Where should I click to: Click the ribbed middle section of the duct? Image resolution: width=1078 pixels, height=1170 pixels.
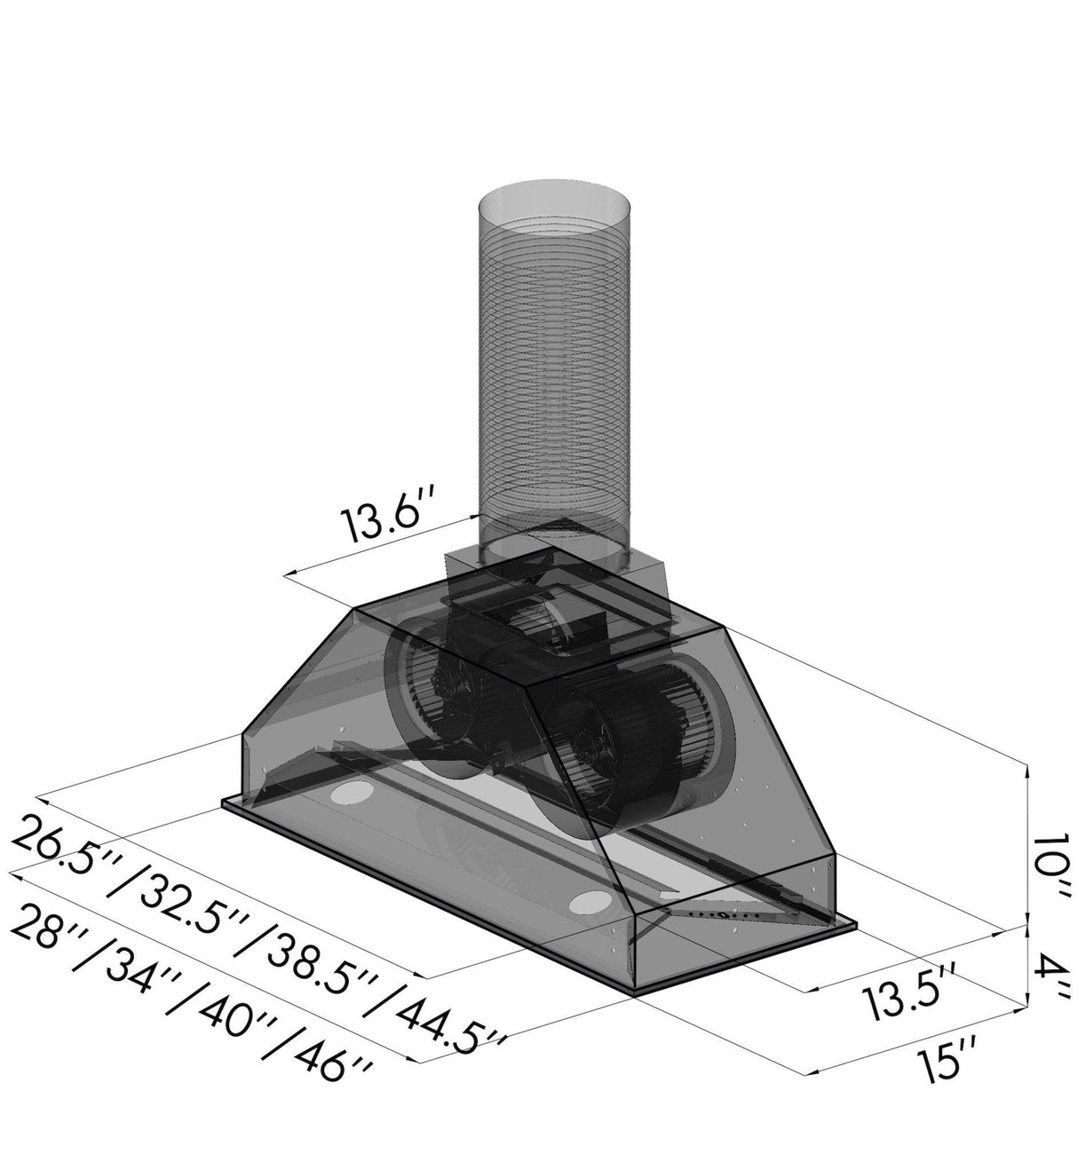pos(555,373)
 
